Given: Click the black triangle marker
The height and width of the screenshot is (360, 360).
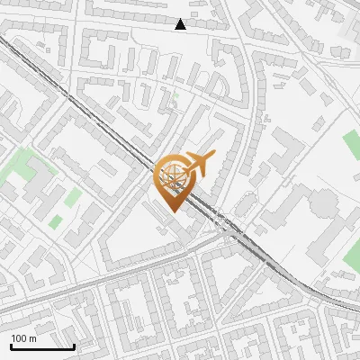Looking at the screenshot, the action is point(181,24).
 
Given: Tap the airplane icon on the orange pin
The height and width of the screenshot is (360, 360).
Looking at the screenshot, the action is point(199,163).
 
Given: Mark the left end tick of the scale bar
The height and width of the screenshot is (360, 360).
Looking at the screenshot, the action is point(11,346).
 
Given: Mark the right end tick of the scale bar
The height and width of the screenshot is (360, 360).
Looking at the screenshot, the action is point(74,346).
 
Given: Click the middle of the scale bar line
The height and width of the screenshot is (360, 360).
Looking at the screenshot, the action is point(42,347).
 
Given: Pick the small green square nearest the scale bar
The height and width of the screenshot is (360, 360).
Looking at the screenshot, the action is point(56,221).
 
